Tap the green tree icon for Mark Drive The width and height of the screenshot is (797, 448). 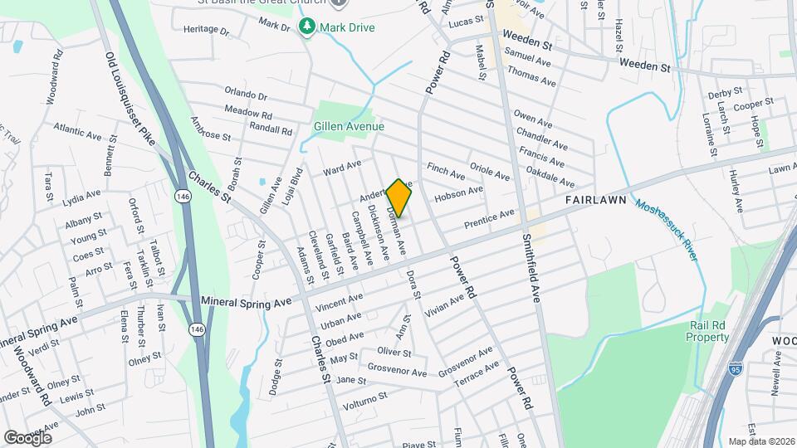(x=307, y=27)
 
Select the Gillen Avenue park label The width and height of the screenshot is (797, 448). (x=349, y=127)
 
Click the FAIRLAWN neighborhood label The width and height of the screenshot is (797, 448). (x=595, y=201)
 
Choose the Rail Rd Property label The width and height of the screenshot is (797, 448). (x=707, y=331)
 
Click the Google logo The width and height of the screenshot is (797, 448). (x=27, y=437)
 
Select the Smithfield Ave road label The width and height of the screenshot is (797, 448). (x=531, y=265)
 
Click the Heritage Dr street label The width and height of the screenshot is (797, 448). (x=206, y=30)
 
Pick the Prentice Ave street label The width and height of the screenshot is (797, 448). (x=489, y=219)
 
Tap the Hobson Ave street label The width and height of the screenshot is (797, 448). (x=458, y=194)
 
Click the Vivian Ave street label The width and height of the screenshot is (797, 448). (x=443, y=307)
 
